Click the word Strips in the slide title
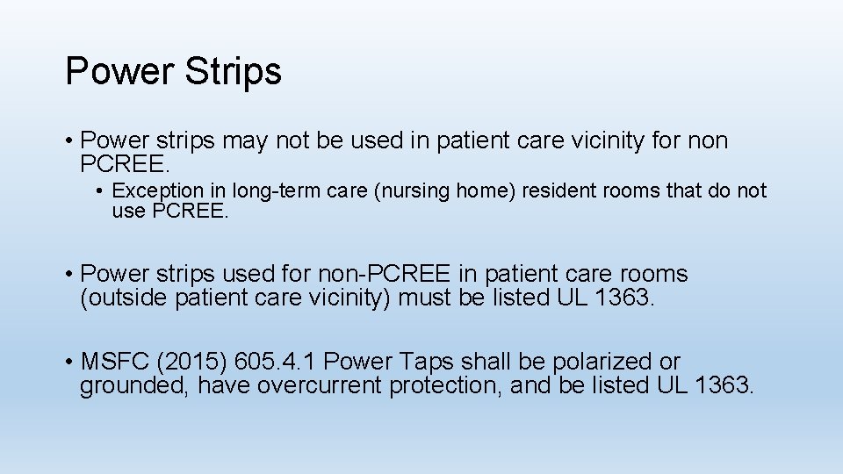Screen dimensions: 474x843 tap(233, 71)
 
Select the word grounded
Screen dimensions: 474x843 tap(134, 385)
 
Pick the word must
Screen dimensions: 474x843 tap(426, 298)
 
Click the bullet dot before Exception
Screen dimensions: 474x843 tap(103, 191)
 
